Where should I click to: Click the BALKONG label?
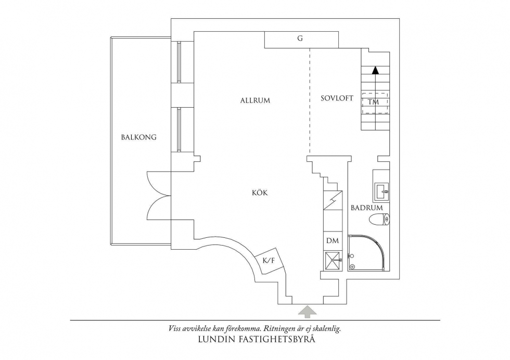[x=139, y=137]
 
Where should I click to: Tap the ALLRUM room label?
[x=256, y=100]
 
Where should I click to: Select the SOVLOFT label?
[x=337, y=98]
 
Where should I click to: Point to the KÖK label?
[x=260, y=192]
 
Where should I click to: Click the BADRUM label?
[x=367, y=208]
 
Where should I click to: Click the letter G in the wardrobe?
[x=300, y=38]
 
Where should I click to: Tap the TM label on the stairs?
[x=374, y=102]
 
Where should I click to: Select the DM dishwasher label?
[x=333, y=241]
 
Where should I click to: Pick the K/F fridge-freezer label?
[x=269, y=260]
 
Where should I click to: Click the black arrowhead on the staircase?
[x=376, y=70]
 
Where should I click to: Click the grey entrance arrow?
[x=308, y=311]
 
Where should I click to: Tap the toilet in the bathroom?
[x=379, y=220]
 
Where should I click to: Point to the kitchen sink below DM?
[x=333, y=261]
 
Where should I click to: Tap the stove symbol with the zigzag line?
[x=333, y=200]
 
